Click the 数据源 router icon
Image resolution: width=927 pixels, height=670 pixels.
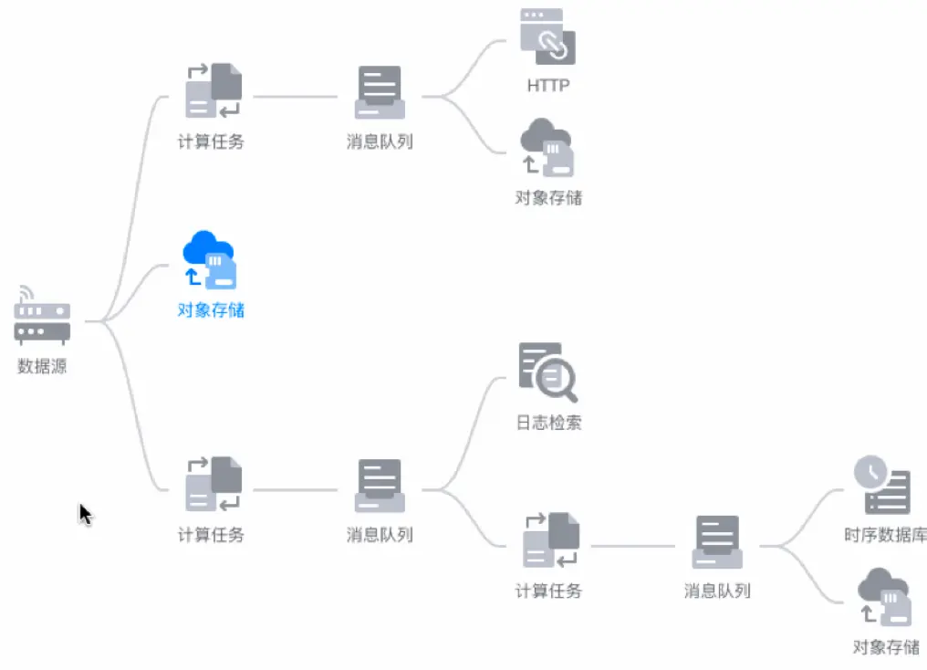point(42,316)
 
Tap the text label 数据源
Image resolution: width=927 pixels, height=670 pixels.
point(42,367)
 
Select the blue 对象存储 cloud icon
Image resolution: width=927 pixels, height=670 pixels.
point(210,259)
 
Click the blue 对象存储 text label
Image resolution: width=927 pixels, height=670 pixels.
point(211,310)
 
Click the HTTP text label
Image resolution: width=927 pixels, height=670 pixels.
point(547,86)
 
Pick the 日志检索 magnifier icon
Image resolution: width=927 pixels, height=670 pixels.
point(547,372)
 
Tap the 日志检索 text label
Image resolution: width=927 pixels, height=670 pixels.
point(548,423)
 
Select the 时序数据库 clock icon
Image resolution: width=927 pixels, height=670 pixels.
point(882,485)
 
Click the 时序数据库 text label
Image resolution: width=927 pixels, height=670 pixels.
point(885,535)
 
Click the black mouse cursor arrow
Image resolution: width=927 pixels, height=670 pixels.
point(85,514)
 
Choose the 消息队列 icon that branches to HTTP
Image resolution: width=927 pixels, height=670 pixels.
point(380,92)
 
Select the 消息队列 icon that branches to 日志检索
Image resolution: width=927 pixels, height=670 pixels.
point(380,486)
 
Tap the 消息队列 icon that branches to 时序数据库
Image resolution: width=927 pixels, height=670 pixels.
point(717,542)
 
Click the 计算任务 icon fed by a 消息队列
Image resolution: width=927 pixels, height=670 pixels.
point(550,540)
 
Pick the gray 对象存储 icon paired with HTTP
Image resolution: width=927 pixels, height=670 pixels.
point(547,147)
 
